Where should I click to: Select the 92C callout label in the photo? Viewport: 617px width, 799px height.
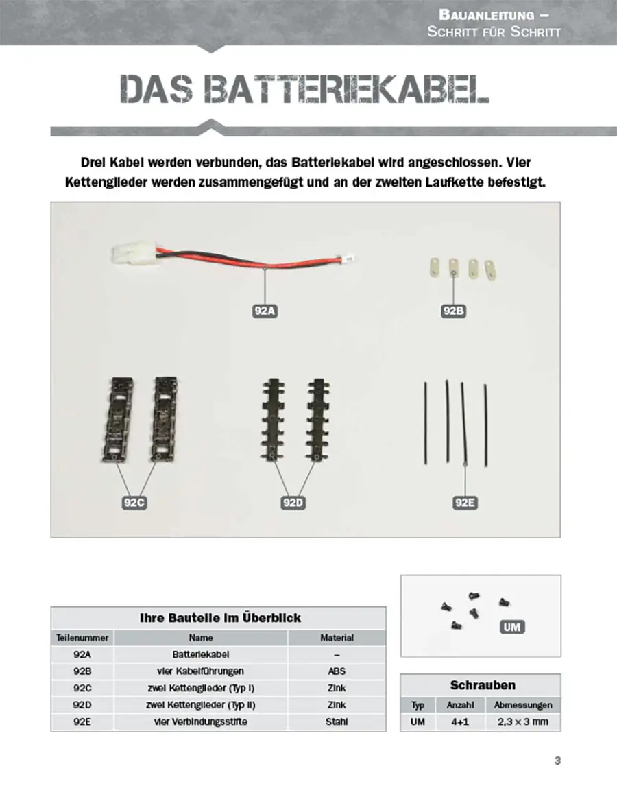coord(134,503)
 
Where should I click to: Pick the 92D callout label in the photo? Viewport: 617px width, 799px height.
coord(293,503)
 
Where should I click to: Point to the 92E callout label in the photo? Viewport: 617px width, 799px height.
coord(465,503)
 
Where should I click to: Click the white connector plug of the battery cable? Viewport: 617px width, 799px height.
coord(131,255)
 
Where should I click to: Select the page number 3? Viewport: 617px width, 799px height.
coord(557,761)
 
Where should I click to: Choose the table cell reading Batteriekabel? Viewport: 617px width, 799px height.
coord(201,654)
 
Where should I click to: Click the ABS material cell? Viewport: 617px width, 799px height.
coord(337,671)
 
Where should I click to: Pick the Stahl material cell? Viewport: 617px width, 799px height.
coord(337,722)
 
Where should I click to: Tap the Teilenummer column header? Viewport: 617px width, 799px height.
coord(82,638)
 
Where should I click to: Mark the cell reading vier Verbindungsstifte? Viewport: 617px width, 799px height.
coord(201,722)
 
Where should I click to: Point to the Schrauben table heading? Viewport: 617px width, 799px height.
coord(483,685)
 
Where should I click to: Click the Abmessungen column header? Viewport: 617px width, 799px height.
coord(522,705)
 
